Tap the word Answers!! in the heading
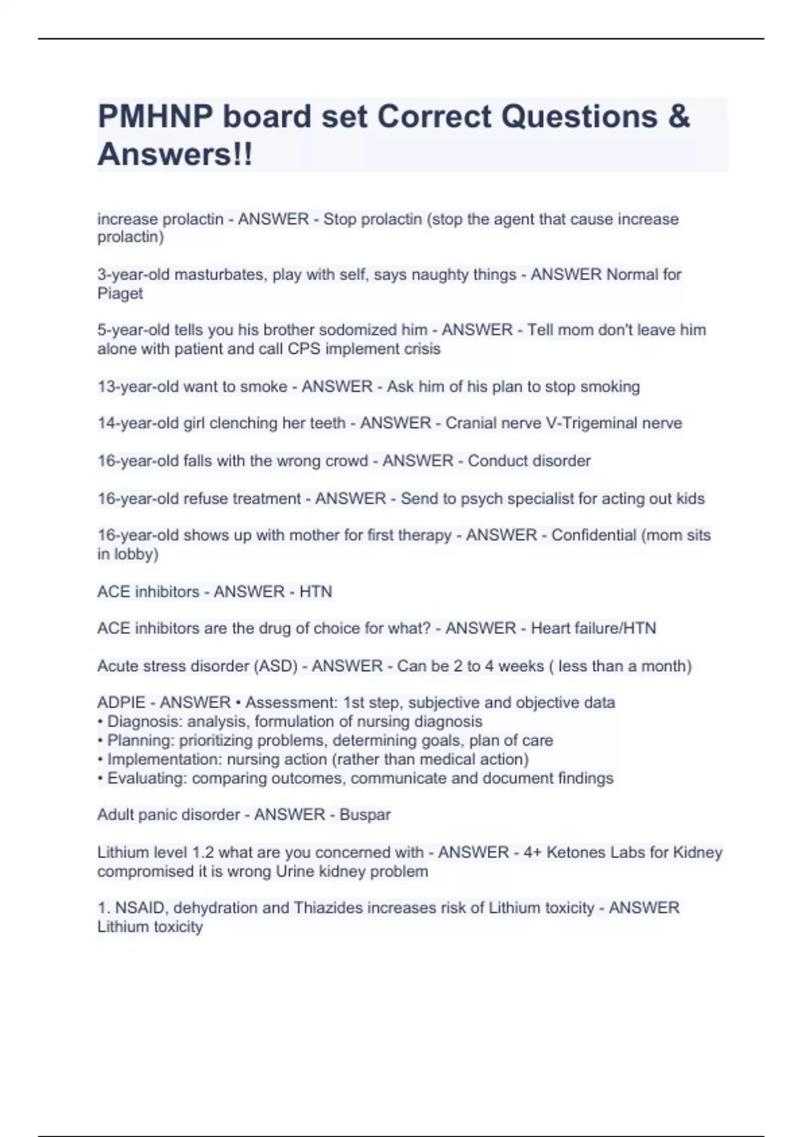[x=175, y=154]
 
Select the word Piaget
[x=120, y=293]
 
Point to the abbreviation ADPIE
[x=121, y=702]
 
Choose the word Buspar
[x=365, y=815]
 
